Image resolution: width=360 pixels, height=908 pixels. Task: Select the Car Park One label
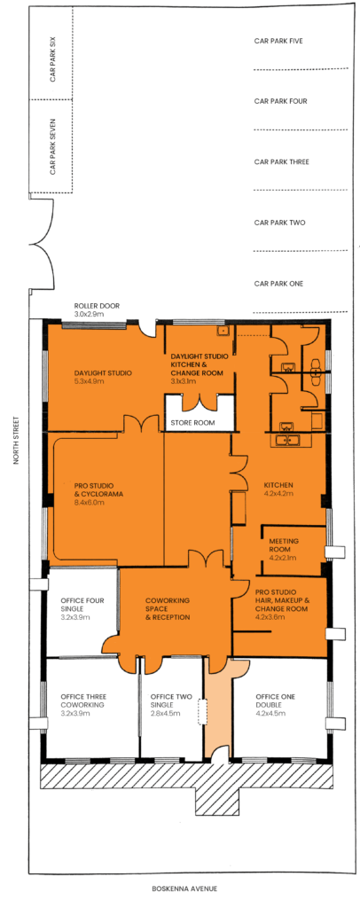pyautogui.click(x=279, y=284)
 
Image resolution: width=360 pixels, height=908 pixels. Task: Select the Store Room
pyautogui.click(x=200, y=413)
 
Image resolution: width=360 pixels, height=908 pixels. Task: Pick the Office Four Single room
pyautogui.click(x=82, y=613)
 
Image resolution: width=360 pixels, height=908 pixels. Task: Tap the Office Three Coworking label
pyautogui.click(x=82, y=701)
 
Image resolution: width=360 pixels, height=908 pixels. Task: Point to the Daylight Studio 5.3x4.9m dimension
pyautogui.click(x=87, y=381)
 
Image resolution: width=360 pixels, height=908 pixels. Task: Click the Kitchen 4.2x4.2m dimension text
pyautogui.click(x=278, y=494)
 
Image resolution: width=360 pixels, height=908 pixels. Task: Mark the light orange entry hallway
pyautogui.click(x=217, y=708)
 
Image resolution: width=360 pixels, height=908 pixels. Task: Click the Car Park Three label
pyautogui.click(x=282, y=161)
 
